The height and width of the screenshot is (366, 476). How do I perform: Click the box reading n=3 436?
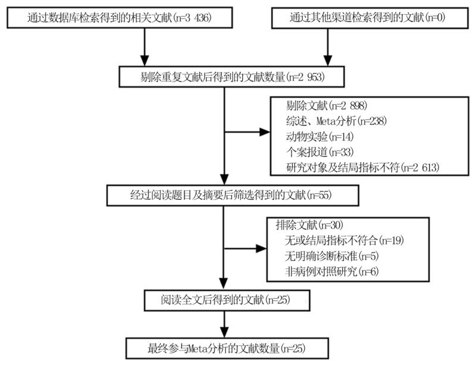tap(120, 18)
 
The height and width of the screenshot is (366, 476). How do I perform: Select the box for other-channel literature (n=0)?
tap(369, 18)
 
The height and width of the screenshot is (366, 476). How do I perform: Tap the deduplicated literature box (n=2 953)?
tap(231, 77)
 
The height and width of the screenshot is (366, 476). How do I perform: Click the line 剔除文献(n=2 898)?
tap(327, 106)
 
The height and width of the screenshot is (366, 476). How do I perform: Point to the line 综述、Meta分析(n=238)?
tap(336, 121)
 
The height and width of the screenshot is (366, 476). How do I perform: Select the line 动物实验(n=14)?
tap(320, 137)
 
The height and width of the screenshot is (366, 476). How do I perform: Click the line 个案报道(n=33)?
tap(320, 152)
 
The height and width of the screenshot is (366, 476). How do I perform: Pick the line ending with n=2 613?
tap(363, 167)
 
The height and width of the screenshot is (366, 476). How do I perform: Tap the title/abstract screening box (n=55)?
tap(233, 195)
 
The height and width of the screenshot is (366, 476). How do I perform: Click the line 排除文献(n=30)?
tap(309, 225)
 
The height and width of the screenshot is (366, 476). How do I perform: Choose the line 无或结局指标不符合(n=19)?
tap(345, 240)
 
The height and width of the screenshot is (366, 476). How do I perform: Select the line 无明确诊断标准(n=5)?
tap(332, 256)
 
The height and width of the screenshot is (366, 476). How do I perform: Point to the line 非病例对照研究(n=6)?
tap(332, 271)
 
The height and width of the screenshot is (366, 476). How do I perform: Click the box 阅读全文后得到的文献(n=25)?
tap(227, 301)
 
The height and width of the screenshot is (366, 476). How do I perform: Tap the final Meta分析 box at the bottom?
tap(227, 348)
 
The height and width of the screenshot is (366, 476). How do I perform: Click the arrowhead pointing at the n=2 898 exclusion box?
tap(265, 132)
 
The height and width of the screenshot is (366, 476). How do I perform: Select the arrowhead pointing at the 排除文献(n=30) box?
tap(261, 248)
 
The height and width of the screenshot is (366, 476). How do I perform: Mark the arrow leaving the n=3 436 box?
tap(145, 47)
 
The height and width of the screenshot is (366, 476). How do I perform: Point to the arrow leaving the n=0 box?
tap(328, 47)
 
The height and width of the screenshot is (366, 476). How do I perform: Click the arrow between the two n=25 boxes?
tap(224, 324)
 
